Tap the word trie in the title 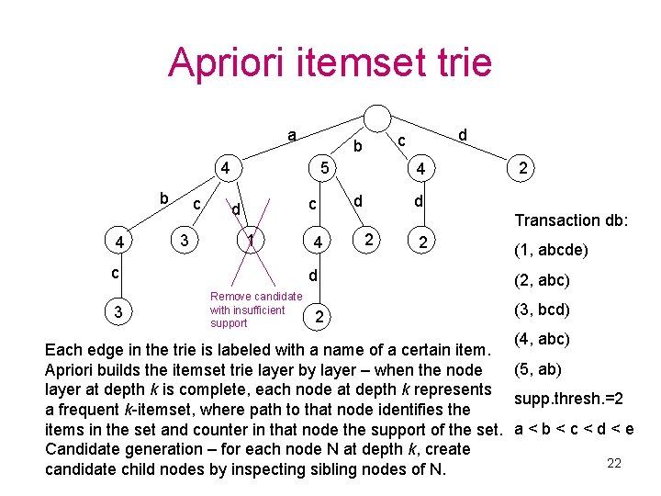[x=460, y=63]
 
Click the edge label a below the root [x=291, y=135]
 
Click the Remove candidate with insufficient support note [x=255, y=310]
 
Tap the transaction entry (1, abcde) [x=551, y=250]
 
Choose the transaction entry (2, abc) [x=542, y=280]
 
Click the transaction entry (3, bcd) [x=542, y=310]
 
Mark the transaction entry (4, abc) [x=542, y=339]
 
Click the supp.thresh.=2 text [x=569, y=400]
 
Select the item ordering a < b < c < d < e [x=574, y=429]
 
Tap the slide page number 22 [x=614, y=463]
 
